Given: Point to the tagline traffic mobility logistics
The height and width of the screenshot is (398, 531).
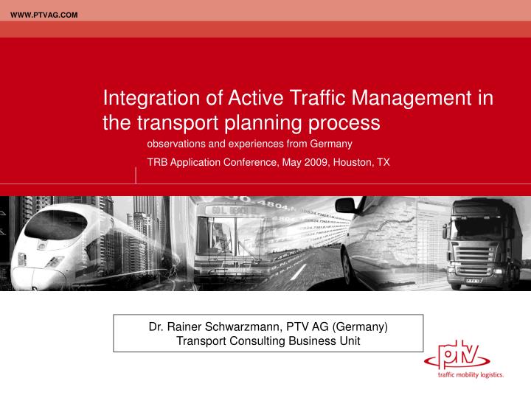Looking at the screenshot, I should click(x=470, y=375).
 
